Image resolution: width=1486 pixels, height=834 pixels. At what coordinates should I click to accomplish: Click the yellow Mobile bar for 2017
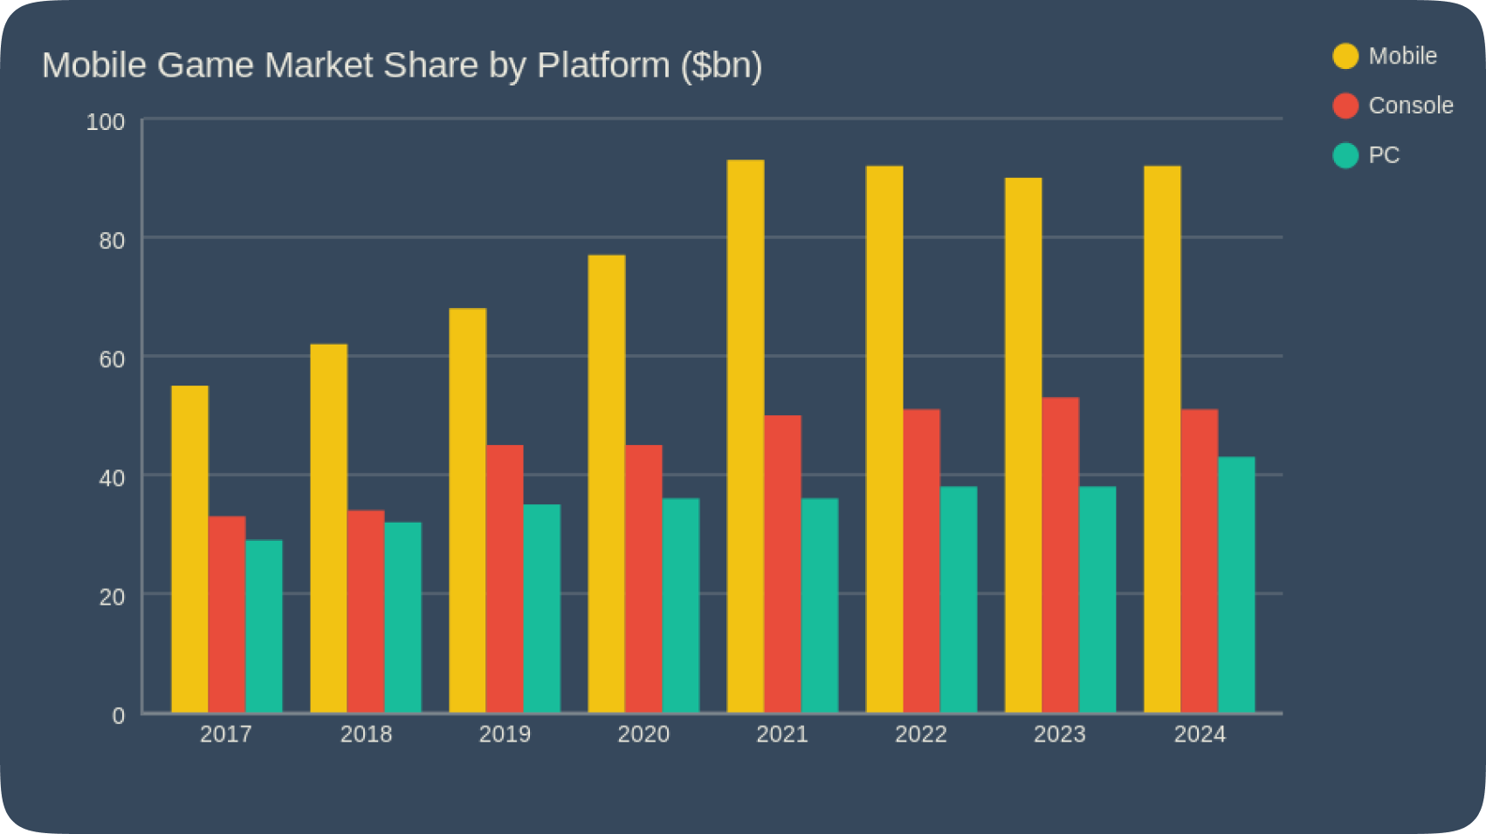[x=189, y=550]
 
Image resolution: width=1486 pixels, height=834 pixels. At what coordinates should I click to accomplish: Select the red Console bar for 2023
[x=1060, y=556]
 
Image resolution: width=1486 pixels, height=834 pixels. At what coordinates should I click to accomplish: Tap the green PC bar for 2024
[x=1236, y=585]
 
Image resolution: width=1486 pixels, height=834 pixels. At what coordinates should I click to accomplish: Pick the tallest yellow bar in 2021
[x=746, y=436]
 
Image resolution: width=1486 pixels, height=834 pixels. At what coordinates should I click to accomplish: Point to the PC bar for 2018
[x=402, y=618]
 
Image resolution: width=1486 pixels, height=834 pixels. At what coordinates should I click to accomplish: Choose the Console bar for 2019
[x=505, y=579]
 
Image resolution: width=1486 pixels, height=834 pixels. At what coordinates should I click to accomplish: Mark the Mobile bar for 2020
[x=607, y=484]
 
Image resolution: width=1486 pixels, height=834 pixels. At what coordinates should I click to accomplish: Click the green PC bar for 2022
[x=959, y=600]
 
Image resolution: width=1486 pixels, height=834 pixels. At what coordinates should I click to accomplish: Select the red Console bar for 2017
[x=227, y=615]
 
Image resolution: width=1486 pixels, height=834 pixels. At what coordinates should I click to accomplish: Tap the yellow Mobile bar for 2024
[x=1162, y=440]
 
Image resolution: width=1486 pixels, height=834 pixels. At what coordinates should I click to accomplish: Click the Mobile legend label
[x=1402, y=56]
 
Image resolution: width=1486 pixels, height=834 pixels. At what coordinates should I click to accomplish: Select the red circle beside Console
[x=1345, y=106]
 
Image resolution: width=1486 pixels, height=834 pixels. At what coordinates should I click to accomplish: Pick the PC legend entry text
[x=1384, y=155]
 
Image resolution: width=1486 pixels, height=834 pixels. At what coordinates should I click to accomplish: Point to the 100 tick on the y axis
[x=106, y=122]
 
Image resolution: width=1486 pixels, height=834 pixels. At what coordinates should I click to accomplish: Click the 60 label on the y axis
[x=112, y=359]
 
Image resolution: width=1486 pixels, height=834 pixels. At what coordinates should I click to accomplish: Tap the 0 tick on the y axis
[x=119, y=716]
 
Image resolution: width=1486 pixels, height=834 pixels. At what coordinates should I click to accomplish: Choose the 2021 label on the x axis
[x=782, y=735]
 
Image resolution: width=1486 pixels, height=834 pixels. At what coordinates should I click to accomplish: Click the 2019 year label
[x=505, y=735]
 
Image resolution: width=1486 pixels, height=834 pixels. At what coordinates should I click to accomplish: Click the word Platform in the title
[x=602, y=65]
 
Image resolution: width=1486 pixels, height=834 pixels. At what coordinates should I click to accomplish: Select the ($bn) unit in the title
[x=721, y=65]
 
